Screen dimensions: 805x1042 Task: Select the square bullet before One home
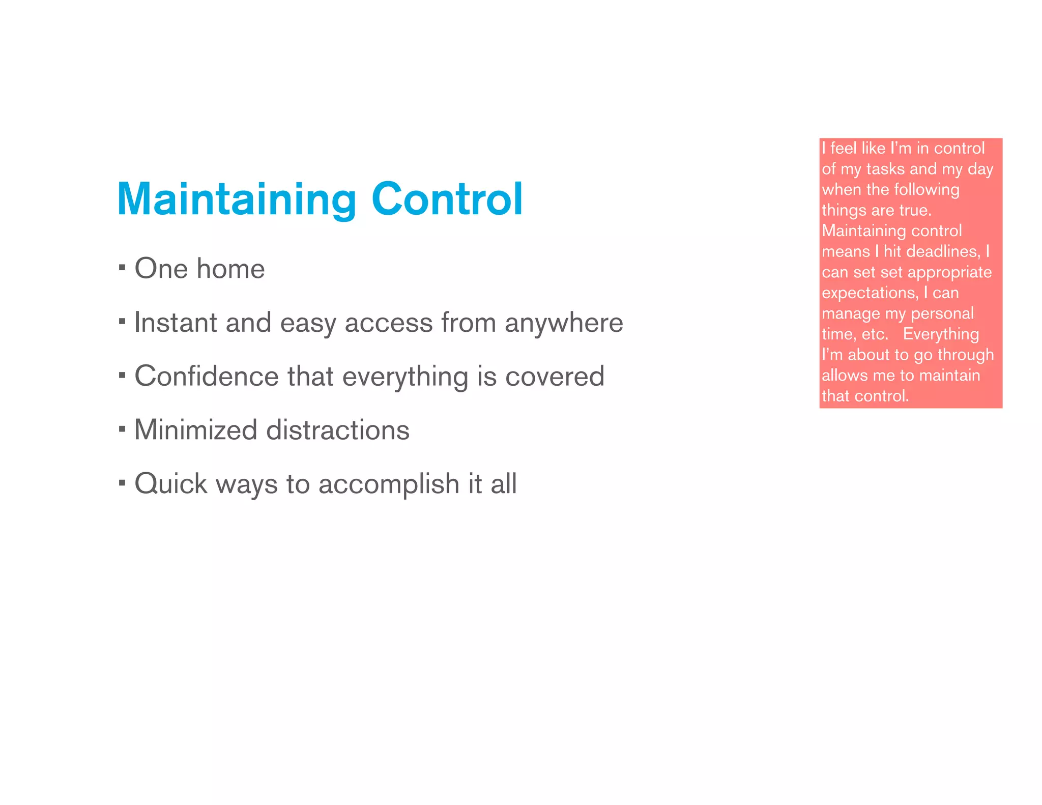click(122, 267)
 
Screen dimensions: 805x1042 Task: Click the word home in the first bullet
click(231, 269)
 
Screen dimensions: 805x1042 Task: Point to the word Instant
click(176, 323)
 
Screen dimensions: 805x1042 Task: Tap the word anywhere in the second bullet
click(564, 324)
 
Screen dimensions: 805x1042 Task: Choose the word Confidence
click(206, 377)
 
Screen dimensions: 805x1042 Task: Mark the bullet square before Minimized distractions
click(122, 428)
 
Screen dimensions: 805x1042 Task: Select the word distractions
click(338, 430)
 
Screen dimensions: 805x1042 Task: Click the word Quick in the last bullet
click(171, 484)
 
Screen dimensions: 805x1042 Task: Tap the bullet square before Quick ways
click(122, 482)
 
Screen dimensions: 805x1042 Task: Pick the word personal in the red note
click(942, 314)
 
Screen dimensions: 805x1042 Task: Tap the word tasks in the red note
click(885, 169)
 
